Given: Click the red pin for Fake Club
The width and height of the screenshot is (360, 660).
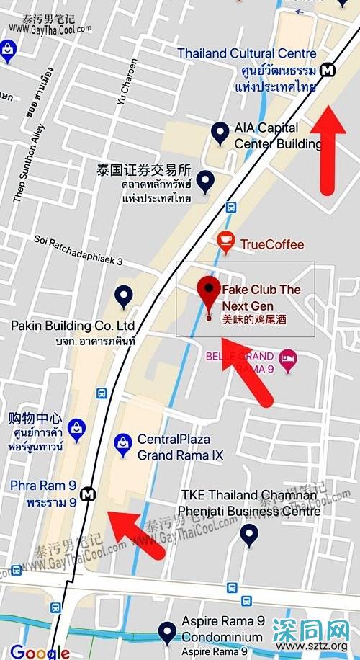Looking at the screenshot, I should (209, 290).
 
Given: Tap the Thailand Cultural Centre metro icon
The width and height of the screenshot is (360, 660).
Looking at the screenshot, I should (328, 70).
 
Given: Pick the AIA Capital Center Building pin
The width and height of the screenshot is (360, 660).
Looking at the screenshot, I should (220, 133).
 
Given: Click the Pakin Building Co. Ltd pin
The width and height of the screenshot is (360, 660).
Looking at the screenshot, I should (124, 296).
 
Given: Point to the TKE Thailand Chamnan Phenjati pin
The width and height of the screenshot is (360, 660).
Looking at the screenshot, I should (249, 535).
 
